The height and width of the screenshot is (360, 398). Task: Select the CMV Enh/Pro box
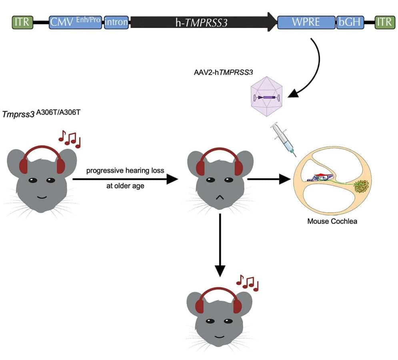click(75, 22)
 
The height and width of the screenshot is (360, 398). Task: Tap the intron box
click(116, 22)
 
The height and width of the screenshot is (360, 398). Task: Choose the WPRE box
click(306, 22)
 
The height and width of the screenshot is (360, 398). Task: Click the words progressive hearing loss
click(125, 171)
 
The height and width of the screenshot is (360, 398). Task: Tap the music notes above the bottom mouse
click(247, 282)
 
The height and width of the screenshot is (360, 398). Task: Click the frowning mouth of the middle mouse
click(219, 197)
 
